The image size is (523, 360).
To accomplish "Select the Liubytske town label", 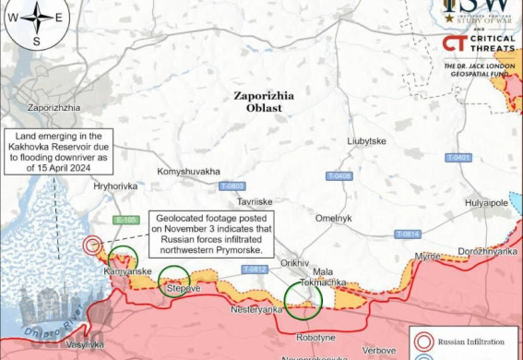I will (366, 140).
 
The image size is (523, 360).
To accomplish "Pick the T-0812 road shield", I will (255, 269).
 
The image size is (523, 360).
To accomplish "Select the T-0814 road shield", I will (408, 234).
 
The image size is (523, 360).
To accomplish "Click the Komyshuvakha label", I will (188, 172).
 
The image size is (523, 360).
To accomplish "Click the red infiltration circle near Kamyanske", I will (93, 246).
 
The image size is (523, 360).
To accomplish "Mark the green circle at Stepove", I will (173, 278).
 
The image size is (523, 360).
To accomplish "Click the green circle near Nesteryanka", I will (302, 298).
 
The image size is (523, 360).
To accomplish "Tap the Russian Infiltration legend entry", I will (466, 338).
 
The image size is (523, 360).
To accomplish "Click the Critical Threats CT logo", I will (453, 43).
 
